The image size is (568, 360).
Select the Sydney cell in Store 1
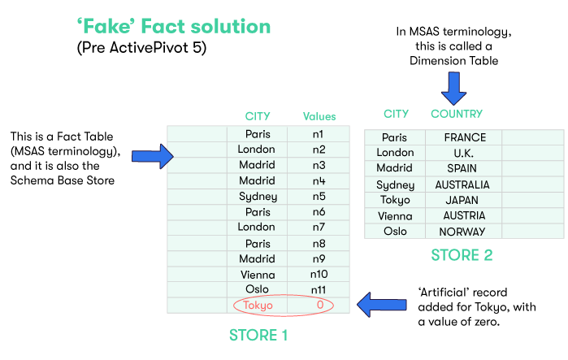click(258, 196)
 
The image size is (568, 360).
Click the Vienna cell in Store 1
click(258, 274)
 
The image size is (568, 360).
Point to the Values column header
click(319, 116)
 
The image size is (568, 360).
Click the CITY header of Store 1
click(258, 116)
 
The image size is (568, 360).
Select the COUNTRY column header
click(456, 114)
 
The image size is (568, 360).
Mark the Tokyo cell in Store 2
click(394, 200)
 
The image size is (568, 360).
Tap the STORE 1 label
click(258, 334)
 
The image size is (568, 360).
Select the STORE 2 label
click(461, 255)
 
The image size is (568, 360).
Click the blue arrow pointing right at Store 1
click(152, 154)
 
